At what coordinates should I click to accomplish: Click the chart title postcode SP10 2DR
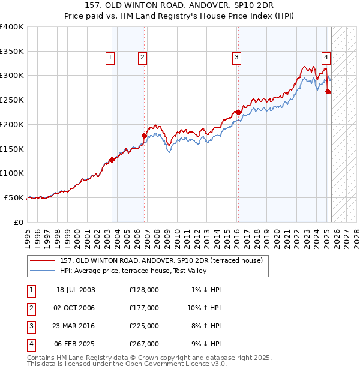pyautogui.click(x=255, y=5)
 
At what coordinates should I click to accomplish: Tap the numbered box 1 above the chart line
pyautogui.click(x=111, y=58)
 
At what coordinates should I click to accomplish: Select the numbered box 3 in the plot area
pyautogui.click(x=237, y=58)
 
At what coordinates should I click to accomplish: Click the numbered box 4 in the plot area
pyautogui.click(x=326, y=58)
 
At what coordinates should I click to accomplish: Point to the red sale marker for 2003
pyautogui.click(x=112, y=160)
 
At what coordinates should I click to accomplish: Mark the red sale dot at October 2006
pyautogui.click(x=144, y=136)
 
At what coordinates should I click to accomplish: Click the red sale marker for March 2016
pyautogui.click(x=238, y=112)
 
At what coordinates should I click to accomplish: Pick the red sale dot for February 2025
pyautogui.click(x=328, y=92)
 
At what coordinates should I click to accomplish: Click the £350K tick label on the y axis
pyautogui.click(x=12, y=52)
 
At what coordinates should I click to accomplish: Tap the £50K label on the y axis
pyautogui.click(x=14, y=197)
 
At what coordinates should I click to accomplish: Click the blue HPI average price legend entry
pyautogui.click(x=133, y=271)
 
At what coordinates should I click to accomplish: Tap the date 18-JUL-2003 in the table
pyautogui.click(x=76, y=290)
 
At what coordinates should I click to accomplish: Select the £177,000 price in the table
pyautogui.click(x=144, y=308)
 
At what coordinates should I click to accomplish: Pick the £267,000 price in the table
pyautogui.click(x=144, y=344)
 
